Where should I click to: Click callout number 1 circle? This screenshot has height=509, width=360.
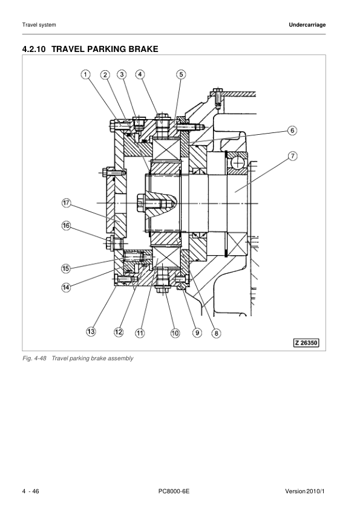pos(86,74)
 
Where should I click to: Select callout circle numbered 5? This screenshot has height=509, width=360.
pos(181,74)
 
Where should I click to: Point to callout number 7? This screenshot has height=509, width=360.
pos(292,156)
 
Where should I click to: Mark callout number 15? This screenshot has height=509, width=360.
pos(67,268)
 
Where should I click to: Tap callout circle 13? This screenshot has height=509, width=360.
pos(90,331)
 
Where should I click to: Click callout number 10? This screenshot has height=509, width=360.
pos(175,332)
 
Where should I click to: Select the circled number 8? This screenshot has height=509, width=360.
pos(216,332)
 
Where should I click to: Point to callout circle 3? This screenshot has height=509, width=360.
pos(122,74)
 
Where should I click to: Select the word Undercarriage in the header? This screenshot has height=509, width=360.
pos(307,25)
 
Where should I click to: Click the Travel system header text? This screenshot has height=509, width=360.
pos(39,25)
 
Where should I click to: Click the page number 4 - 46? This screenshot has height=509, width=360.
pos(31,490)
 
